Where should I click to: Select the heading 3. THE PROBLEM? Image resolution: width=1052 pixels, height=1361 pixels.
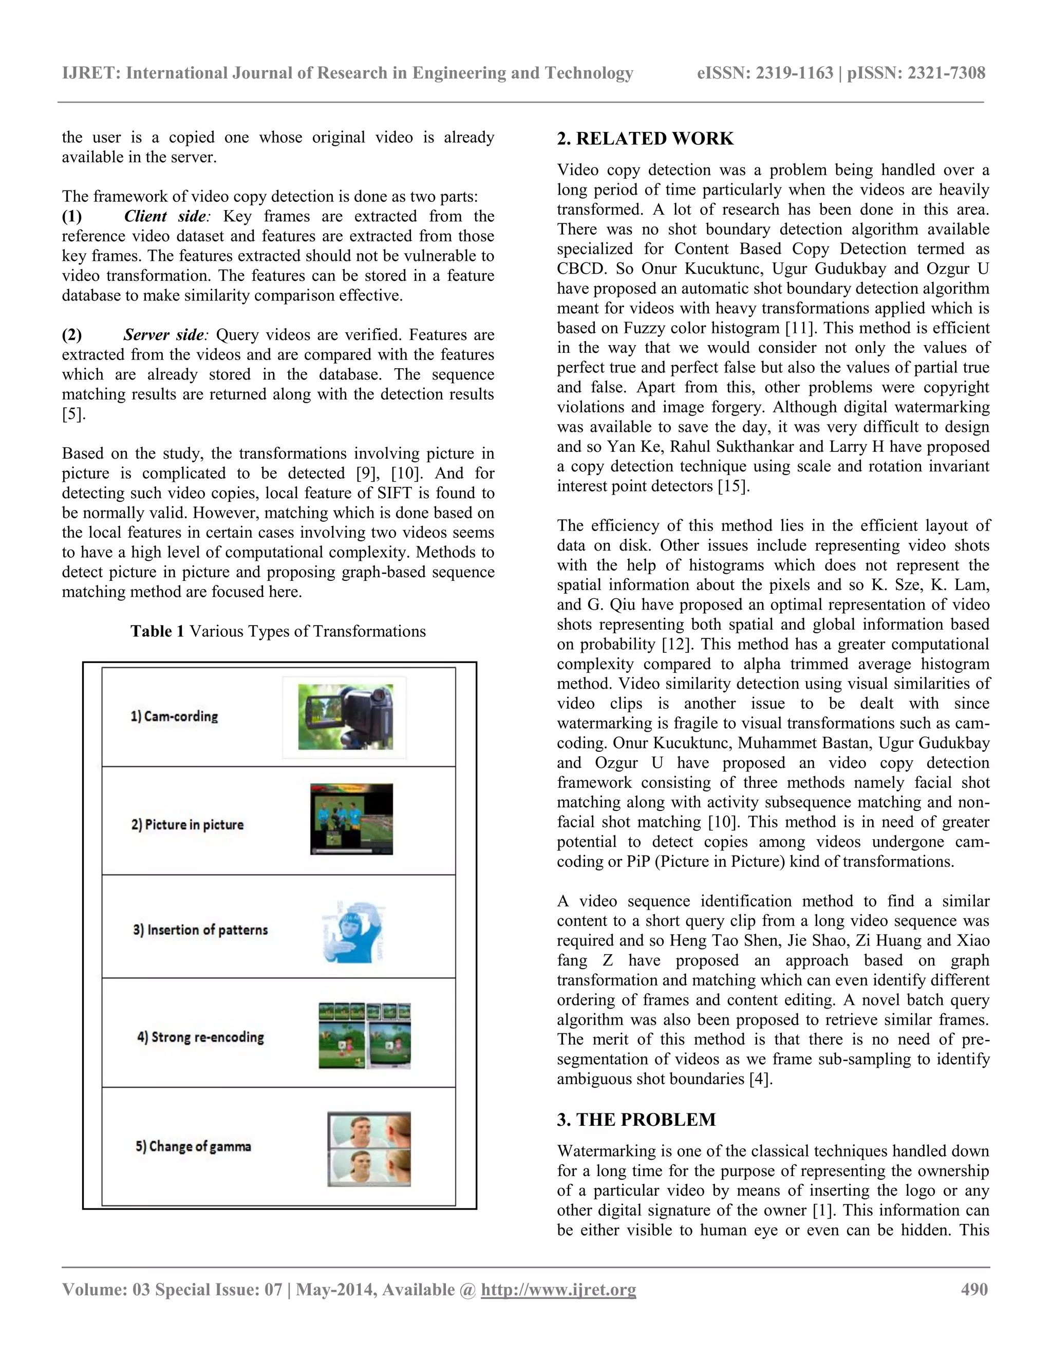tap(636, 1119)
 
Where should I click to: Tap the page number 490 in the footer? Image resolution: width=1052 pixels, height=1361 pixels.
tap(974, 1289)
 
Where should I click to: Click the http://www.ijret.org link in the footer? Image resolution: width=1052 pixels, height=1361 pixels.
tap(558, 1289)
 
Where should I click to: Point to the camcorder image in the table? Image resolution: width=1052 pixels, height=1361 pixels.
tap(345, 716)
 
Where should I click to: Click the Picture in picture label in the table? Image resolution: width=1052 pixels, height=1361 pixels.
tap(187, 824)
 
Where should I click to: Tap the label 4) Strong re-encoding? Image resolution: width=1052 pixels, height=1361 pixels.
tap(201, 1037)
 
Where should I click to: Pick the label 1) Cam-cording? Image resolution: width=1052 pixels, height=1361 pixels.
tap(175, 716)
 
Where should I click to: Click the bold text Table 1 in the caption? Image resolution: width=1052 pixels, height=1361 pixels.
tap(157, 631)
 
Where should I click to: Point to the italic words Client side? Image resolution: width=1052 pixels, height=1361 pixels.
tap(165, 216)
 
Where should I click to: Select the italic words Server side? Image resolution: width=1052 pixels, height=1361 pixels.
tap(164, 335)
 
